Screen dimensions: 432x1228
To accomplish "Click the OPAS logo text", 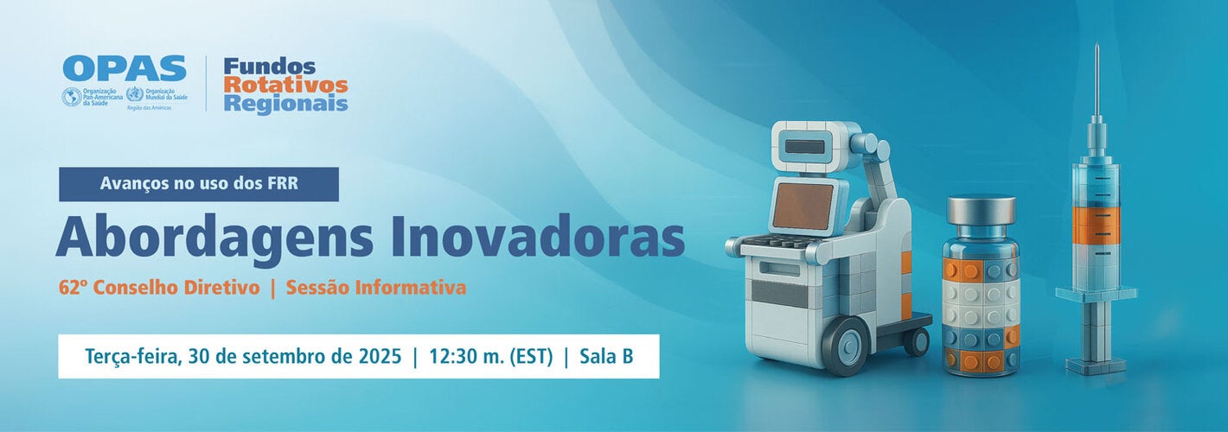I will pos(125,69).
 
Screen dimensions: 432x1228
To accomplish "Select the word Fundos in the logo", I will pos(269,67).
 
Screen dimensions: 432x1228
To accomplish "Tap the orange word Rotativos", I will pos(285,85).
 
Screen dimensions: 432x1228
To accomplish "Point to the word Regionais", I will pos(285,104).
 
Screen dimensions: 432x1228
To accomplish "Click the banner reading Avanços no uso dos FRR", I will pos(199,184).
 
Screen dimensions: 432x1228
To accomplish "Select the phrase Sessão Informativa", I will pos(375,288).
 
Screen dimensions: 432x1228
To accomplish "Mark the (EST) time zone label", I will pos(529,356).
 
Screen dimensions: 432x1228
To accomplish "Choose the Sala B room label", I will pos(606,356).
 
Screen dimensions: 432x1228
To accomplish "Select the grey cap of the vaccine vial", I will pos(980,210).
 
